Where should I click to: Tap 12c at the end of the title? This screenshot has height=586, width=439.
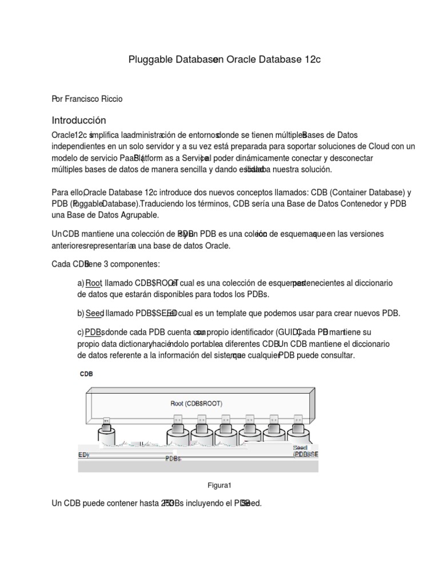[x=312, y=60]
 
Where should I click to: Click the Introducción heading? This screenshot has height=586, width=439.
[x=79, y=120]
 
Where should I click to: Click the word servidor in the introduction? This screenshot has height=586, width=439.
[x=166, y=146]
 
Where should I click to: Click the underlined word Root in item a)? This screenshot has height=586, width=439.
[x=94, y=283]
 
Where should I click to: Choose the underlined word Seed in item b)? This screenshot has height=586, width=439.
[x=94, y=313]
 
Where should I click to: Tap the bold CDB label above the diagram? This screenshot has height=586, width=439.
[x=86, y=374]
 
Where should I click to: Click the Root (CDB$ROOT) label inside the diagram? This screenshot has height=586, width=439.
[x=196, y=403]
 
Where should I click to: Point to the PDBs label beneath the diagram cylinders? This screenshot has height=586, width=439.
[x=173, y=458]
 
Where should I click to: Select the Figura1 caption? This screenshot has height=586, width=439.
[x=219, y=485]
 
